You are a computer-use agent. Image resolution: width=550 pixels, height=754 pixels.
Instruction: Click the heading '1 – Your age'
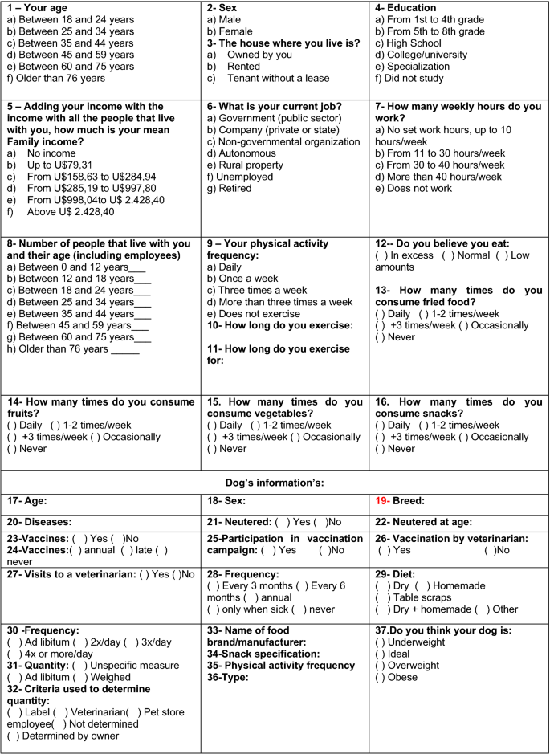click(40, 9)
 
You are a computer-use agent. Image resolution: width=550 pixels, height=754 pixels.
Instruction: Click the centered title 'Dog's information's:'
click(275, 482)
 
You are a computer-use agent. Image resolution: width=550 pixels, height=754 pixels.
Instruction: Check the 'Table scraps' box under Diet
click(381, 597)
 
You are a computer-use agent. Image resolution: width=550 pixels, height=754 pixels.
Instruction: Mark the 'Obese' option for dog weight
click(381, 677)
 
